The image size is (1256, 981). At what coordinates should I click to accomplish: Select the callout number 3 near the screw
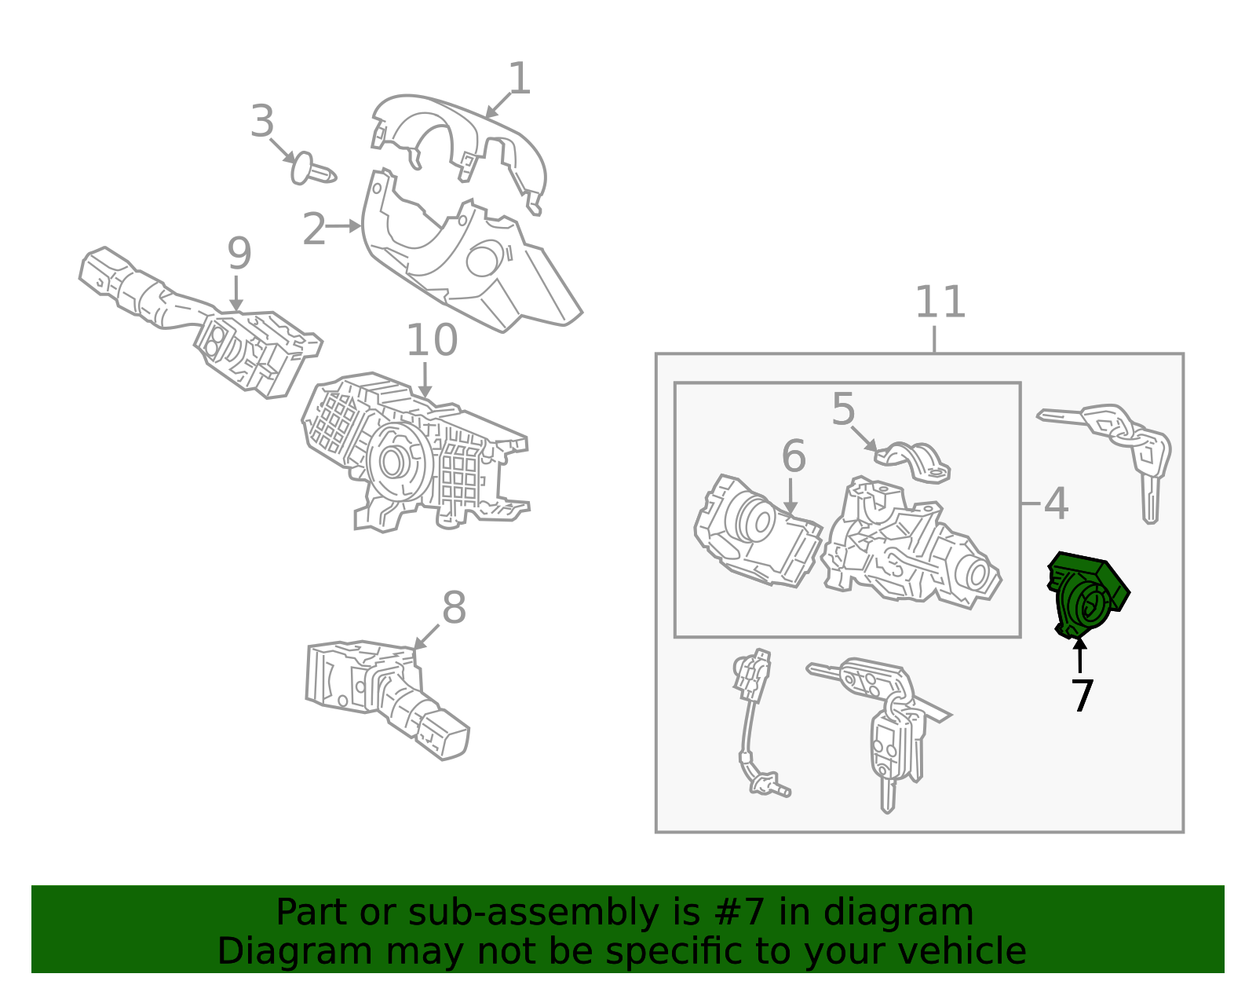[262, 121]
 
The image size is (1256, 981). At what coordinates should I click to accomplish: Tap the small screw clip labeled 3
[312, 170]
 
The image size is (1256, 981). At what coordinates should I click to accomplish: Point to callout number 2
[314, 229]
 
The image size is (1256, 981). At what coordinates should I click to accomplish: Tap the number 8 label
[454, 607]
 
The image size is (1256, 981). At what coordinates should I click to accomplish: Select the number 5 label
[843, 408]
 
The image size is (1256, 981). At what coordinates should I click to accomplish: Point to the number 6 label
[794, 456]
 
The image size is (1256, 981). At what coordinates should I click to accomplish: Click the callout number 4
[1056, 503]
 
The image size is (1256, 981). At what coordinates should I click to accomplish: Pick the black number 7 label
[1082, 695]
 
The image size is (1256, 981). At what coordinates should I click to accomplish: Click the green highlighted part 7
[1086, 595]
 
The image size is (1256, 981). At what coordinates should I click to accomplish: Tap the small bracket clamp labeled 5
[913, 463]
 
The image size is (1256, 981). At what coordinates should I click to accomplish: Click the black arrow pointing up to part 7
[1079, 656]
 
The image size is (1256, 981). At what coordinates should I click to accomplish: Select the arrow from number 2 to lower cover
[344, 226]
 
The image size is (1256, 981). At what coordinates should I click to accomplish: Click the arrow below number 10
[425, 380]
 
